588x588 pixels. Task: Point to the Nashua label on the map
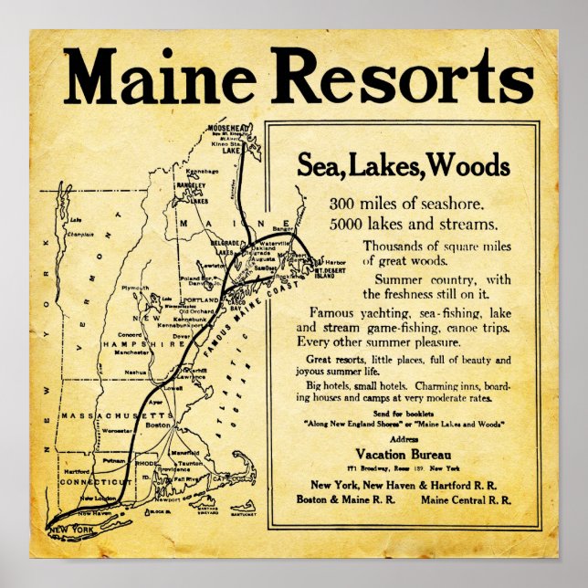click(137, 373)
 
